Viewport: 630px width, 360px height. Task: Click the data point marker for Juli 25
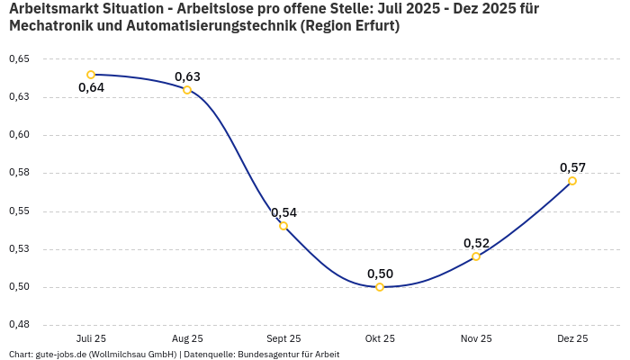(91, 75)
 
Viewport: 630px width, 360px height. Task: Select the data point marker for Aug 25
(187, 90)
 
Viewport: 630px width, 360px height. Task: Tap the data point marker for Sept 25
(283, 226)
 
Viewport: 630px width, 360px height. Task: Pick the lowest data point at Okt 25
(380, 287)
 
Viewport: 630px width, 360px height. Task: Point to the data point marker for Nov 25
(476, 256)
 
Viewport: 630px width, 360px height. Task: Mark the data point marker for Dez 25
(572, 181)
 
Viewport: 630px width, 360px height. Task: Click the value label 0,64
(91, 88)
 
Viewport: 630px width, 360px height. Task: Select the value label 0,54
(283, 212)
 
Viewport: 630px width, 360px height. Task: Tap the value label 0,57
(572, 167)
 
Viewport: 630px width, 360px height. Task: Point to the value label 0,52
(476, 243)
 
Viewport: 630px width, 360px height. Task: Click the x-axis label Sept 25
(283, 338)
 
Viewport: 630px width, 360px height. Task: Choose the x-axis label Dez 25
(572, 338)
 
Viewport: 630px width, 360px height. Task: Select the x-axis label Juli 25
(91, 338)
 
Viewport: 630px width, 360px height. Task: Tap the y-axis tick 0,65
(19, 58)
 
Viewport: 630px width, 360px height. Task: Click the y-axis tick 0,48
(19, 325)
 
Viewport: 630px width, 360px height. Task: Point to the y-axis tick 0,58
(19, 173)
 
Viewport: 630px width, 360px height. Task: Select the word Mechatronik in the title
(49, 26)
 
